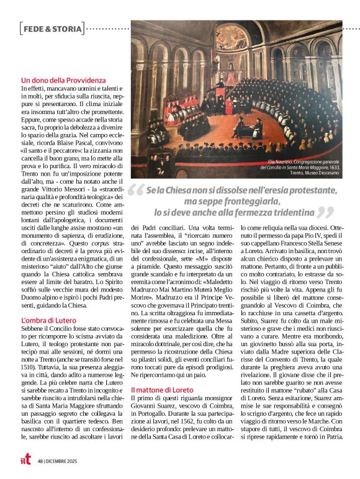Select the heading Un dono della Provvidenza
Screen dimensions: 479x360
[63, 81]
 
